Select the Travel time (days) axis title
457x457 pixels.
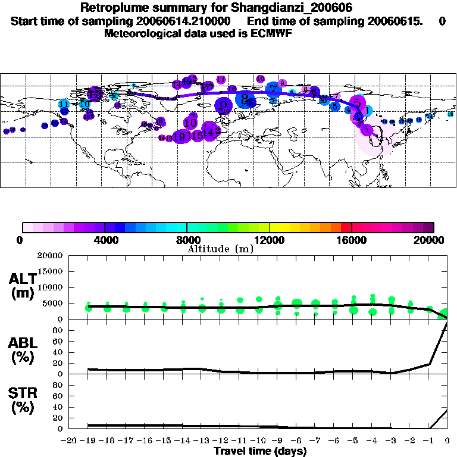(x=260, y=451)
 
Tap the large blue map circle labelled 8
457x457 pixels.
(x=244, y=99)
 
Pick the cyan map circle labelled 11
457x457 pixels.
(x=64, y=104)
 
